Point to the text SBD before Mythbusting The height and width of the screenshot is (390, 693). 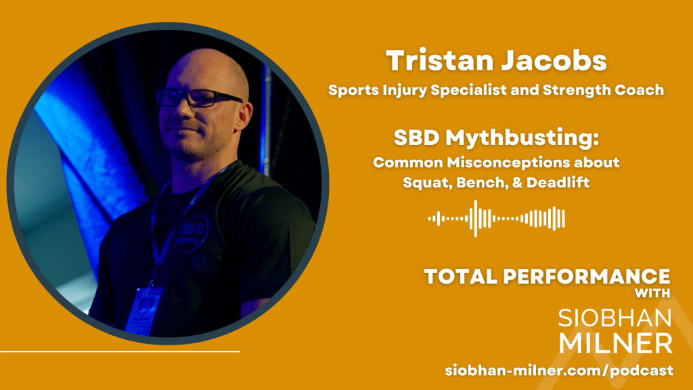416,137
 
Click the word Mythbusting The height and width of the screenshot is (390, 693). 522,138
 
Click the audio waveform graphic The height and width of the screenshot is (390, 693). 496,219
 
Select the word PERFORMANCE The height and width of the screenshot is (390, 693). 587,277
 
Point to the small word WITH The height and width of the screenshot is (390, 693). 652,293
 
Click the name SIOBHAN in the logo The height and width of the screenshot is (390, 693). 614,318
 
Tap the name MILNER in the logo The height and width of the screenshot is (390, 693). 616,343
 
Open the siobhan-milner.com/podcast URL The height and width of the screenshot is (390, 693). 559,370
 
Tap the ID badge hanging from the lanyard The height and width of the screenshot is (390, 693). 143,310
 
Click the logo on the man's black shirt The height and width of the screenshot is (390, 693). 192,234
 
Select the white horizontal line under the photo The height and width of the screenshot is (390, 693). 120,351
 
